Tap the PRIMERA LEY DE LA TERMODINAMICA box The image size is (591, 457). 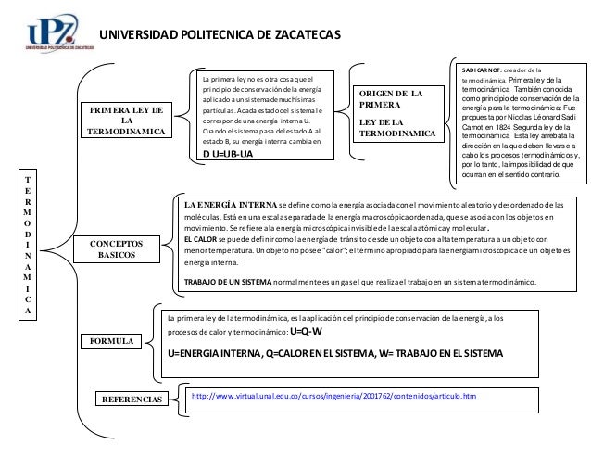pos(127,121)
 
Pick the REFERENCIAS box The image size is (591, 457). pos(129,400)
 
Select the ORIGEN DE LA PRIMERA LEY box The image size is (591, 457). pos(397,114)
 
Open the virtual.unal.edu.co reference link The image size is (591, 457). pos(334,396)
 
